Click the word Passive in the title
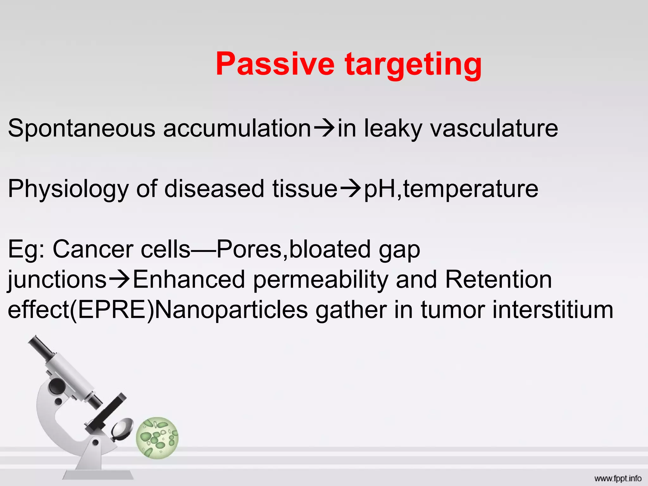click(x=275, y=64)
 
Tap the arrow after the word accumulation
click(x=324, y=128)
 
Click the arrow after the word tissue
click(x=351, y=189)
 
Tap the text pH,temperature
click(x=451, y=189)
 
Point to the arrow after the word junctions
click(x=119, y=279)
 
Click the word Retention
click(x=498, y=280)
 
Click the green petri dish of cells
click(x=157, y=438)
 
